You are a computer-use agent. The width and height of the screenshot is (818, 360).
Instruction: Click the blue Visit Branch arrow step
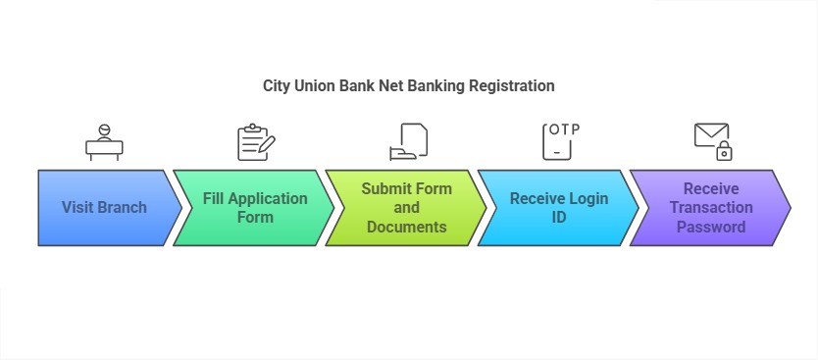tap(106, 207)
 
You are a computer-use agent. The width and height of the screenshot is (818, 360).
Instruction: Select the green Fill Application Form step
tap(255, 207)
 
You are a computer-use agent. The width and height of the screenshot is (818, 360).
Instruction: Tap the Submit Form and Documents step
tap(406, 207)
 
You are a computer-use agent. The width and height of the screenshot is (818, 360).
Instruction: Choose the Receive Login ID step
tap(558, 207)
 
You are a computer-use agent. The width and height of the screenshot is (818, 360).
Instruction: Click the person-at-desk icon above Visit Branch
tap(105, 143)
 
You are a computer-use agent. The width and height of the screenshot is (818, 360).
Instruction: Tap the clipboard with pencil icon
tap(254, 142)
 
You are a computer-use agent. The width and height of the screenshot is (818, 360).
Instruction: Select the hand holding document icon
tap(408, 142)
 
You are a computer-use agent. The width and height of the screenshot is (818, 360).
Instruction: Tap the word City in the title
tap(277, 85)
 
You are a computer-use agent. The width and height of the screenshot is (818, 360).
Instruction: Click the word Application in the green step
tap(269, 198)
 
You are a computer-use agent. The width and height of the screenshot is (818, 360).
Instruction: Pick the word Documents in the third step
tap(406, 227)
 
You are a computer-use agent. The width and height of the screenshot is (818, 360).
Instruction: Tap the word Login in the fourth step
tap(586, 198)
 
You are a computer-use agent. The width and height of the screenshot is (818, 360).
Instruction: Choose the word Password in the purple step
tap(711, 227)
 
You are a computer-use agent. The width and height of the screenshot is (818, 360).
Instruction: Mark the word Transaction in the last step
tap(711, 207)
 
